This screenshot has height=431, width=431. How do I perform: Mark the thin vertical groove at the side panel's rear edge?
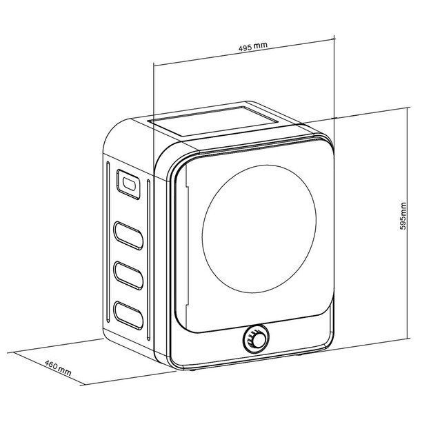109,241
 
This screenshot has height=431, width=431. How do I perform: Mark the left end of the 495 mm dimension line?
152,66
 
